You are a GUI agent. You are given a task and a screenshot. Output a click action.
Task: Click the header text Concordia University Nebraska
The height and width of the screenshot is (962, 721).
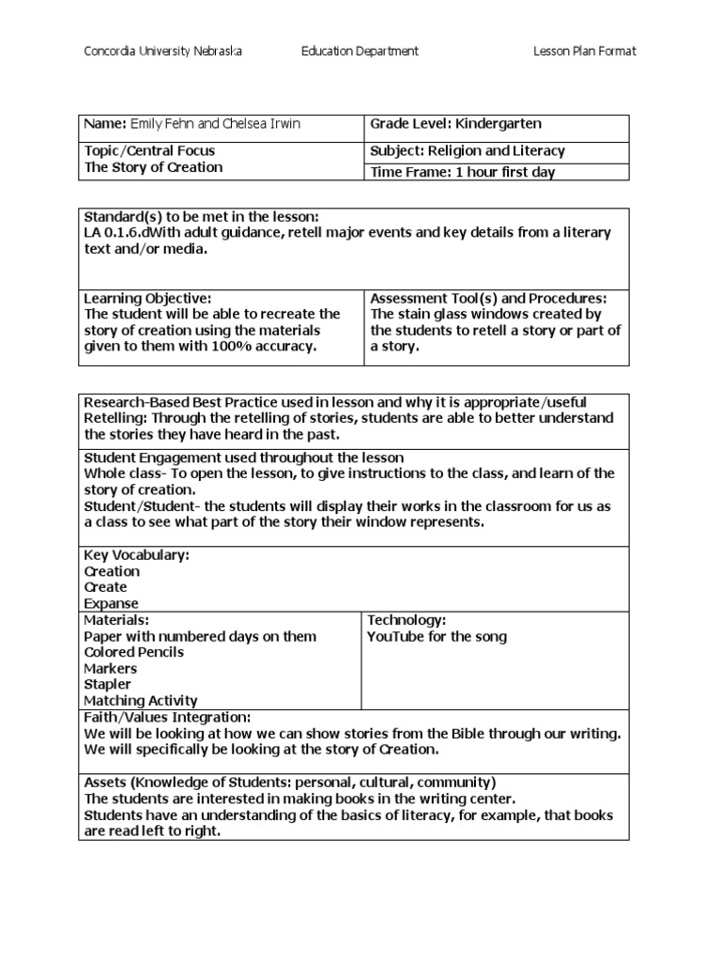[163, 52]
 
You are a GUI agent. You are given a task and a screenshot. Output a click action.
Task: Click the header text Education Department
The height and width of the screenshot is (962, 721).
[360, 52]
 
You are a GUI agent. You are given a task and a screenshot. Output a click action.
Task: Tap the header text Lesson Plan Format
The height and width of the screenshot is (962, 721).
[584, 52]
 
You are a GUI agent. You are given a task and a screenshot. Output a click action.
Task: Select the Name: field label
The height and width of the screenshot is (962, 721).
[105, 125]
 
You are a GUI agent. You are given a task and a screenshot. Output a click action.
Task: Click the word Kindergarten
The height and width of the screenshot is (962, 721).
[499, 124]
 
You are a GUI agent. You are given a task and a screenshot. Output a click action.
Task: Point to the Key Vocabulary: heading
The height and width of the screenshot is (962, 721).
[137, 555]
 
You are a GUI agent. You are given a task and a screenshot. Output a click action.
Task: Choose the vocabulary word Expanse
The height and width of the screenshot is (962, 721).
[111, 604]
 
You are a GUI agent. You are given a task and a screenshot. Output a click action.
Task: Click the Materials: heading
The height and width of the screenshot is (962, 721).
[116, 620]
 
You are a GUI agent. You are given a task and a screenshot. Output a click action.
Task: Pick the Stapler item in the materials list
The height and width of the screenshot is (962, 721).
[108, 685]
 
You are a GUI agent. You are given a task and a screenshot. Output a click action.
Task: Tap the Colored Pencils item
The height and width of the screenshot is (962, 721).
[133, 652]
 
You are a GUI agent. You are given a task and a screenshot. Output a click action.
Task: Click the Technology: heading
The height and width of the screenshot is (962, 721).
[406, 620]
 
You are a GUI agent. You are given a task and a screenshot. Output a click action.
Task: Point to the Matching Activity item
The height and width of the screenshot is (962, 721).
[141, 701]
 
